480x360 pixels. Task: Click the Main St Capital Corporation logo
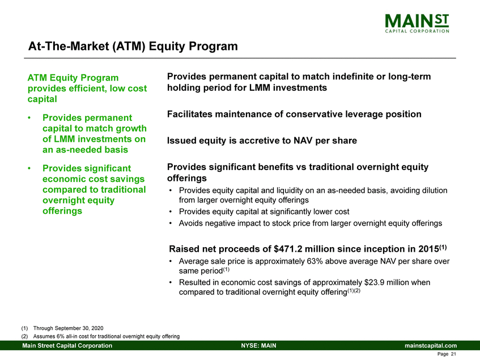(417, 23)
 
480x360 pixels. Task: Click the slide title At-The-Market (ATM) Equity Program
(133, 46)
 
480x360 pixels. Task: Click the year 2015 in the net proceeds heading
(428, 249)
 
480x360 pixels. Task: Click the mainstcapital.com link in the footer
(430, 346)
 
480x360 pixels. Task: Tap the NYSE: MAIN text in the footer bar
(258, 346)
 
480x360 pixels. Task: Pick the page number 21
(453, 354)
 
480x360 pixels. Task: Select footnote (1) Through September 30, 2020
(62, 328)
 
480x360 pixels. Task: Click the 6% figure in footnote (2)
(60, 336)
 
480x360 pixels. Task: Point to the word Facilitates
(190, 114)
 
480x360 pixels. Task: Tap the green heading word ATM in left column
(37, 78)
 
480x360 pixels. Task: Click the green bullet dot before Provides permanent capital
(29, 118)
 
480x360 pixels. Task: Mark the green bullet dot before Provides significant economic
(29, 168)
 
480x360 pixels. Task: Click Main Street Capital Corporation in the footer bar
(67, 346)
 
